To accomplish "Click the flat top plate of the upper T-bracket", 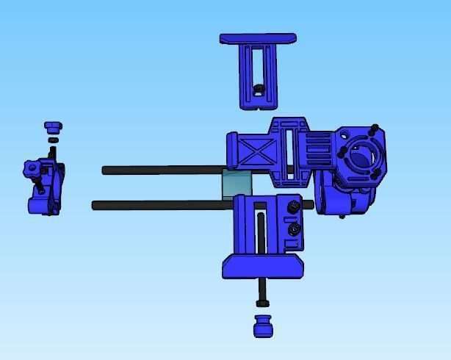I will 258,38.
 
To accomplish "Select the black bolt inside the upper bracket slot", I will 259,89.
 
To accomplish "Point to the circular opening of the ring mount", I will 362,156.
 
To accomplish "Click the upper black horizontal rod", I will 162,170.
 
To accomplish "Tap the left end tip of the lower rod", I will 95,206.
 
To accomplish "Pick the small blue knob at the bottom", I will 263,326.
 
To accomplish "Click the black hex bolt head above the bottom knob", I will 262,303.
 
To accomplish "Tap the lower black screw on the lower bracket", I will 295,229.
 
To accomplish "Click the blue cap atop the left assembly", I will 52,127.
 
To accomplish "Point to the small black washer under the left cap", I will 53,140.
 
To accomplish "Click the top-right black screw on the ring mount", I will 375,129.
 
